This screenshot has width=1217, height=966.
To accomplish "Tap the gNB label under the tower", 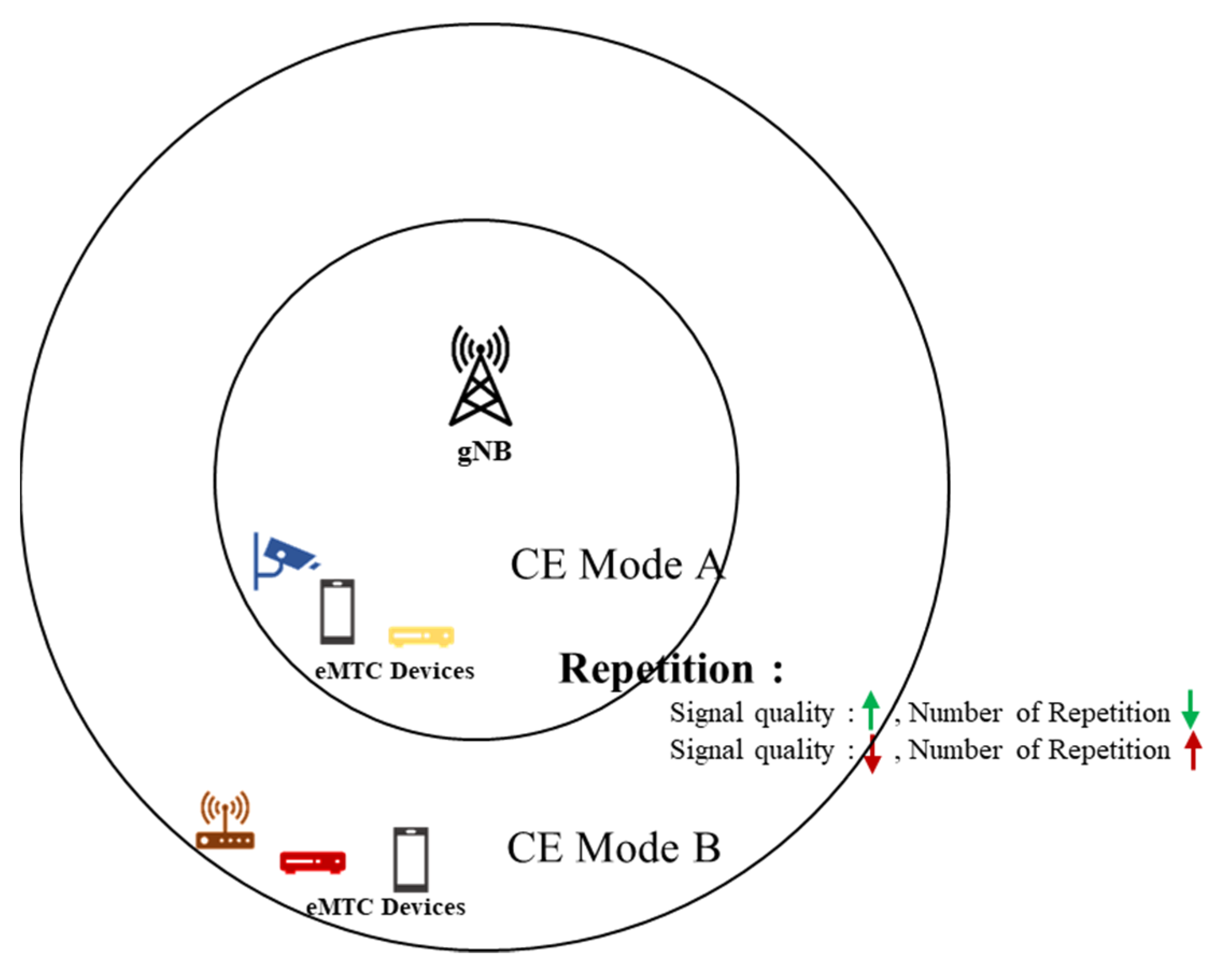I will [485, 452].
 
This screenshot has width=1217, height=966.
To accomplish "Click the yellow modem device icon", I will [421, 636].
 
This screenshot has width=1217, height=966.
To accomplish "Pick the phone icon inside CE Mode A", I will [338, 612].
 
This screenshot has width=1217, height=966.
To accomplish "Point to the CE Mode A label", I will [617, 565].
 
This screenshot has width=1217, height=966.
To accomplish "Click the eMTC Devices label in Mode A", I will [395, 671].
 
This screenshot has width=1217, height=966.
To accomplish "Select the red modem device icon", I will [312, 862].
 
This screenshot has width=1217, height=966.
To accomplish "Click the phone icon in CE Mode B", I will [411, 860].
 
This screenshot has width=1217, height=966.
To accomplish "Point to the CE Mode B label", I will [614, 848].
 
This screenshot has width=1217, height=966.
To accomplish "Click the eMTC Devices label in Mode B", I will [386, 907].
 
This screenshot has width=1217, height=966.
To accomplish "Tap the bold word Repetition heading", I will [657, 669].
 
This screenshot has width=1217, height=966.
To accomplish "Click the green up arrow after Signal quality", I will [871, 710].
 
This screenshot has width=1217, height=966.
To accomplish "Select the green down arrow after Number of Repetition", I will [1191, 709].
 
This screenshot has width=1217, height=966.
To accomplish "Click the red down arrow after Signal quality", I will [872, 754].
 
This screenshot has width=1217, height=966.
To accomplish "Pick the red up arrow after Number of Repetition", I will [1193, 750].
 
